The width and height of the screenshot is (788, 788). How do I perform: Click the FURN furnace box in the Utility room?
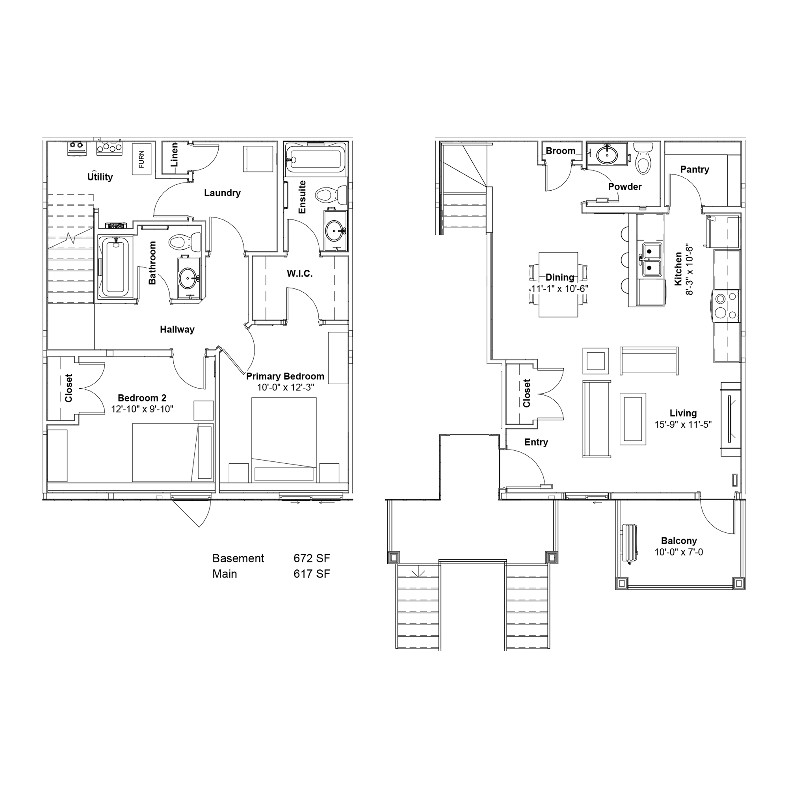[x=141, y=159]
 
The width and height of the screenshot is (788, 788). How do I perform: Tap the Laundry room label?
[x=222, y=193]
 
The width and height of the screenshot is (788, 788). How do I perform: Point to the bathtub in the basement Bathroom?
[x=115, y=267]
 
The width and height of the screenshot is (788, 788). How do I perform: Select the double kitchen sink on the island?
[x=652, y=259]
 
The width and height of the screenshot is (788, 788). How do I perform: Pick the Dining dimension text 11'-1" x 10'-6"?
[x=559, y=288]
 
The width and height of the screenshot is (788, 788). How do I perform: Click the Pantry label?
[x=695, y=170]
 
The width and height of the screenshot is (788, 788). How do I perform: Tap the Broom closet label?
[x=560, y=151]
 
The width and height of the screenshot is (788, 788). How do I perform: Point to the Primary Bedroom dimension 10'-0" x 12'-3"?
[x=286, y=387]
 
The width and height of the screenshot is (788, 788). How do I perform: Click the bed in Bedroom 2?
[x=165, y=452]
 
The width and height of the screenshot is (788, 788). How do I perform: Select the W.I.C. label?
[x=300, y=274]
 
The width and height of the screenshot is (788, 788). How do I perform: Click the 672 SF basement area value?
[x=312, y=558]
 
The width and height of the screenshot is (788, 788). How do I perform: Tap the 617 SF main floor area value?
[x=312, y=574]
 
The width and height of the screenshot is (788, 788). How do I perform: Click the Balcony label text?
[x=679, y=541]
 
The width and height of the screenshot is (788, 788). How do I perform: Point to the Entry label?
[x=536, y=442]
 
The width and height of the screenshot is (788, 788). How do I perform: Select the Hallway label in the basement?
[x=177, y=329]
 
